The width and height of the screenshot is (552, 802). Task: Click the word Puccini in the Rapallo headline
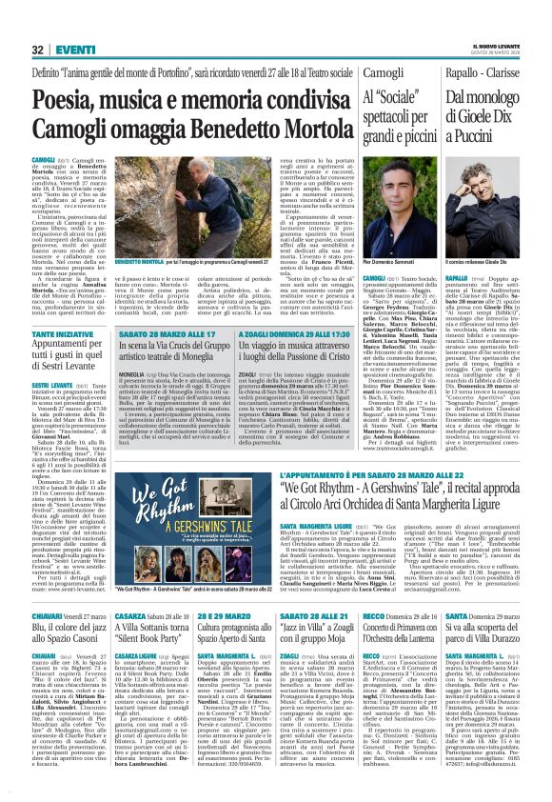[499, 135]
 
